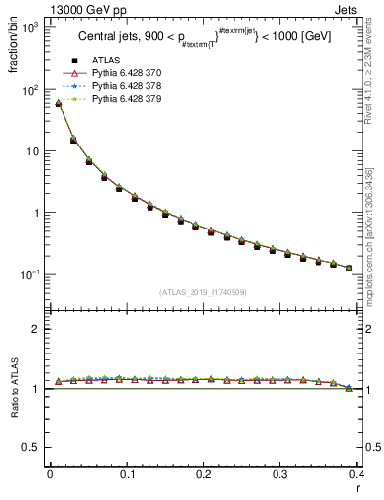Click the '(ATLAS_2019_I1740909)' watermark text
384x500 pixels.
pos(202,291)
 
